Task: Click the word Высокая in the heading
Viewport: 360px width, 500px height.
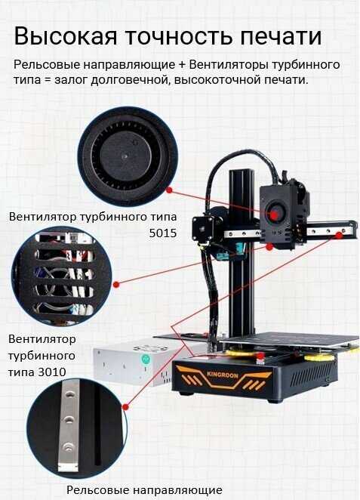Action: click(x=66, y=36)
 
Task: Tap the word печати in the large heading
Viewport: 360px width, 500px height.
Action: click(x=281, y=37)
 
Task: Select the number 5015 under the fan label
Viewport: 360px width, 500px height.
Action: click(x=163, y=233)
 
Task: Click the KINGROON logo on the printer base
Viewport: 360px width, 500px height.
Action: click(x=223, y=375)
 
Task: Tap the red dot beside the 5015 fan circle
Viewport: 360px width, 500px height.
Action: click(x=169, y=190)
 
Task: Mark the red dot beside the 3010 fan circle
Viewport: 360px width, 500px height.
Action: click(x=116, y=284)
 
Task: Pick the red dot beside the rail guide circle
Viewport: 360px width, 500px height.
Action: click(x=125, y=407)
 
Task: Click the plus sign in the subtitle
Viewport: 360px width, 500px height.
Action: click(x=182, y=65)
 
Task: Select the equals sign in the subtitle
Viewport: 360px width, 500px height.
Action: click(x=48, y=80)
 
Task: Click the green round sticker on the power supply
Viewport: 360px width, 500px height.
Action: click(x=146, y=360)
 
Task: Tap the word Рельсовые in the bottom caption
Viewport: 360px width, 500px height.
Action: click(x=97, y=489)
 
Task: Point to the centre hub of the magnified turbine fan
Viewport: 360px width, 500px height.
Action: click(x=126, y=156)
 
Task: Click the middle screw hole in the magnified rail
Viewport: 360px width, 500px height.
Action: click(x=69, y=420)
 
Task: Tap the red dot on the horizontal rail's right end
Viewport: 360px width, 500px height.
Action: click(x=340, y=236)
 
